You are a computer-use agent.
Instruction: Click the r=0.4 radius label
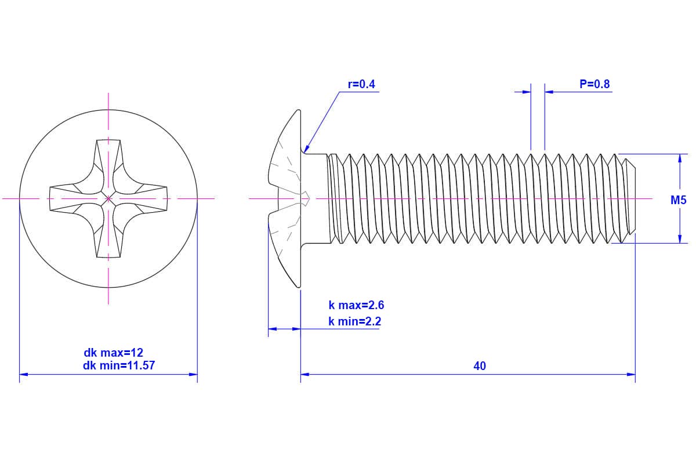pyautogui.click(x=361, y=85)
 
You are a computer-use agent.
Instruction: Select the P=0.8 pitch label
pyautogui.click(x=594, y=85)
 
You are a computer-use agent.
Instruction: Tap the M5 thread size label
pyautogui.click(x=678, y=201)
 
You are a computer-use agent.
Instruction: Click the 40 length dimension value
pyautogui.click(x=479, y=367)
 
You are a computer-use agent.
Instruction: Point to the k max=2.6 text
pyautogui.click(x=356, y=306)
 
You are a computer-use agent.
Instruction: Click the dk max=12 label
pyautogui.click(x=114, y=353)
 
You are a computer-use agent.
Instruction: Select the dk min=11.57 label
pyautogui.click(x=119, y=366)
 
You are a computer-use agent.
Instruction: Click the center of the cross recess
pyautogui.click(x=108, y=199)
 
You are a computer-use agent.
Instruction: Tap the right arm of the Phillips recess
pyautogui.click(x=148, y=199)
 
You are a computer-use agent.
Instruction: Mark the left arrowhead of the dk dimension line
pyautogui.click(x=23, y=375)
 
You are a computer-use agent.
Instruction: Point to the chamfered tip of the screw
pyautogui.click(x=631, y=199)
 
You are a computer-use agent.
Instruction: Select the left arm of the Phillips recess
pyautogui.click(x=68, y=199)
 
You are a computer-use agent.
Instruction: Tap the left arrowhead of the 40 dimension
pyautogui.click(x=304, y=375)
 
